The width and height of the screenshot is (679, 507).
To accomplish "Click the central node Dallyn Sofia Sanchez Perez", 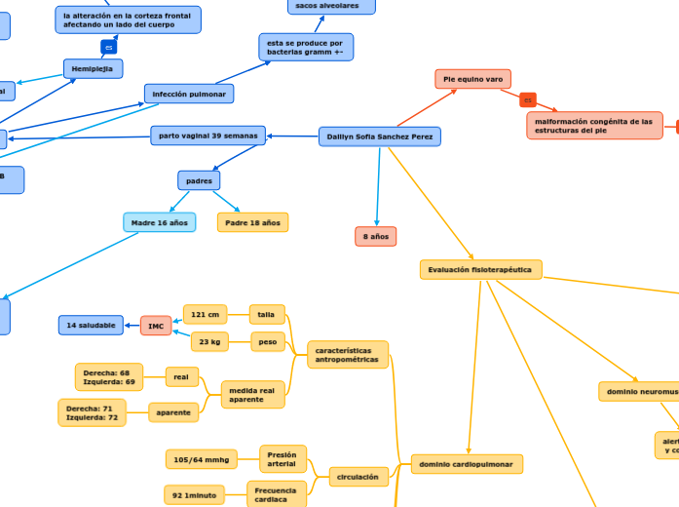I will (x=380, y=136).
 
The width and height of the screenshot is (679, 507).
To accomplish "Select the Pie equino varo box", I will (x=472, y=79).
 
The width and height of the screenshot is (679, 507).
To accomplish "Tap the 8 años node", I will (x=376, y=236).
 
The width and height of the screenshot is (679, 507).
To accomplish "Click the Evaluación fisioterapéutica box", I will (x=481, y=269).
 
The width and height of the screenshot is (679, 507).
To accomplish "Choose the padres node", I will (x=199, y=180).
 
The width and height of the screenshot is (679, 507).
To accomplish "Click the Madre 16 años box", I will (x=160, y=222).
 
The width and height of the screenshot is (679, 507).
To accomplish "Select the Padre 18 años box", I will (x=252, y=222).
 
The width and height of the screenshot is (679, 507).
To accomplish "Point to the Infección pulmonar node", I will (x=189, y=94).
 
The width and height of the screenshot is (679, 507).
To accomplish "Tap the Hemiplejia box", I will (x=94, y=68).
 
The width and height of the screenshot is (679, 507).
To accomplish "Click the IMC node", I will (x=156, y=325).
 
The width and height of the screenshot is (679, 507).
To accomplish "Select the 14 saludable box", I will (x=91, y=325).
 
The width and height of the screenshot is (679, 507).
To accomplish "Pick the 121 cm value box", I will (x=205, y=314).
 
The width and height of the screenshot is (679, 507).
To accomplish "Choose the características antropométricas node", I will (x=348, y=355).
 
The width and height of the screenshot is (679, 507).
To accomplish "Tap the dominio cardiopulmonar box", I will (x=467, y=464).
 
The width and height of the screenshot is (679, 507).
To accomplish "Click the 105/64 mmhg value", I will (x=202, y=458).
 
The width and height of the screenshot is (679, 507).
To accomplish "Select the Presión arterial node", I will (x=283, y=458).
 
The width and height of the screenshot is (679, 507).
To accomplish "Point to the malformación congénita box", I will (x=594, y=126).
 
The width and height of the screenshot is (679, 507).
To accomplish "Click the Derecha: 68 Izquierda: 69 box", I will (x=109, y=377).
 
